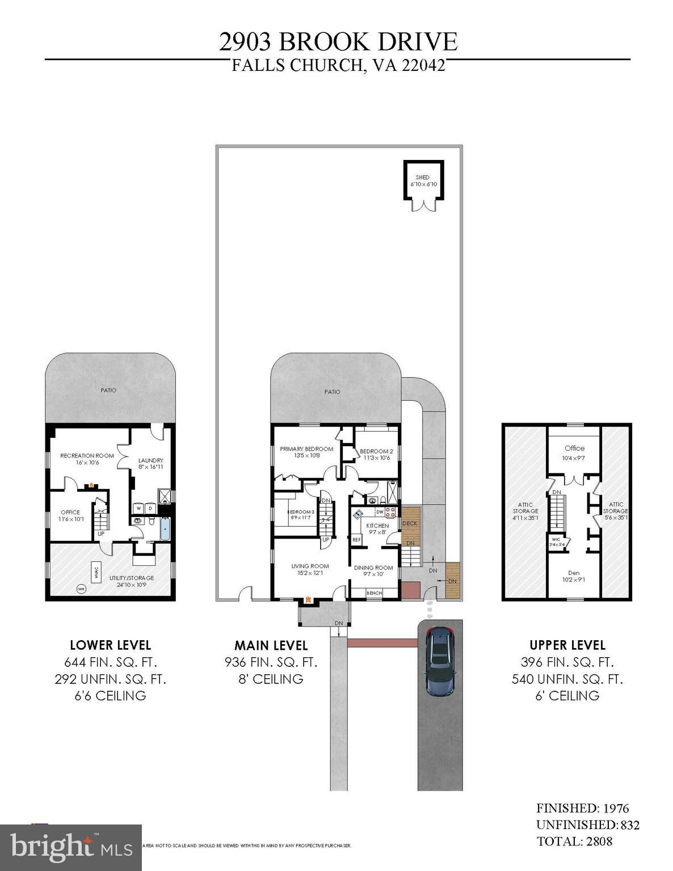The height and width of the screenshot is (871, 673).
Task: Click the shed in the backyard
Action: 423,180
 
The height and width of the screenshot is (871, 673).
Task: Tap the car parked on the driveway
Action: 439,661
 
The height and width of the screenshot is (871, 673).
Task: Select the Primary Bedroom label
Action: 306,449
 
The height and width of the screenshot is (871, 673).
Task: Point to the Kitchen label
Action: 377,526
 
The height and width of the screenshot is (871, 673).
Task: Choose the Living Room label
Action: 310,566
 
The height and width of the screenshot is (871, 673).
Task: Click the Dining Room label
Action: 373,568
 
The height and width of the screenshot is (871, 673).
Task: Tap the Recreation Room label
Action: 87,455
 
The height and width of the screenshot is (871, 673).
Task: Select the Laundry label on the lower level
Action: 151,460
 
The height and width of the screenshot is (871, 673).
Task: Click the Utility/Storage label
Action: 132,578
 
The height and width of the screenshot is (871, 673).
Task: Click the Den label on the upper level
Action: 574,573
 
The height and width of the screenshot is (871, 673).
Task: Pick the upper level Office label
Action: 574,448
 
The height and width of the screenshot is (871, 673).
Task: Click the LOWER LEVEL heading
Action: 110,645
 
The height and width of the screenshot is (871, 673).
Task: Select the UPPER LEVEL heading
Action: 567,645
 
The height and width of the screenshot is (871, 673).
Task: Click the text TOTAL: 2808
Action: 574,841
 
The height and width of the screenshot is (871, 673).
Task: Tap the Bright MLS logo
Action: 71,848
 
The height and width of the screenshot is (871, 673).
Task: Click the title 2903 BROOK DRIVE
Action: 338,42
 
